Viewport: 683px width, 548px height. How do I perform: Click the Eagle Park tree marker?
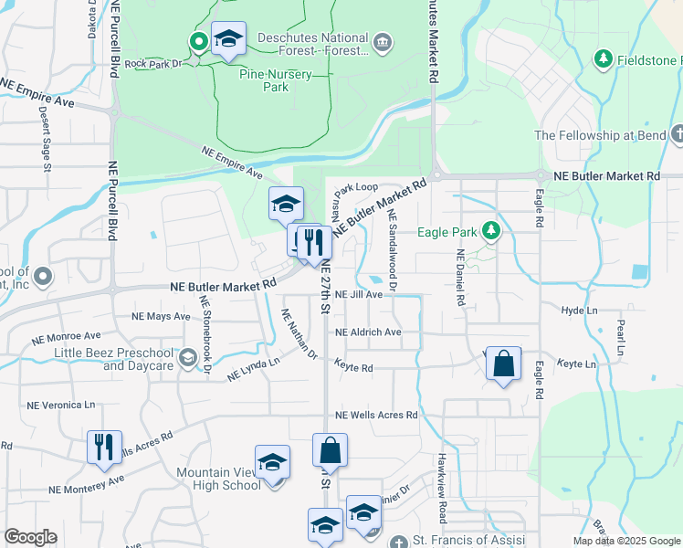pyautogui.click(x=491, y=230)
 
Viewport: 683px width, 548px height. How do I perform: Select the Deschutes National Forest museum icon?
pyautogui.click(x=383, y=41)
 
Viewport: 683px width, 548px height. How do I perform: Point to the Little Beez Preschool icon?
pyautogui.click(x=189, y=356)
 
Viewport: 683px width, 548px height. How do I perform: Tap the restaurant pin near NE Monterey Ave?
pyautogui.click(x=103, y=448)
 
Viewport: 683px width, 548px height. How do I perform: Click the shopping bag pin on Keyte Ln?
pyautogui.click(x=503, y=364)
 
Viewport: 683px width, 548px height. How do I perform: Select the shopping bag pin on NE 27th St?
pyautogui.click(x=330, y=450)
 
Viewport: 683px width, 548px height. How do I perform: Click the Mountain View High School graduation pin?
pyautogui.click(x=272, y=463)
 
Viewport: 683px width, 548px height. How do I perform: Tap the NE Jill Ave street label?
pyautogui.click(x=358, y=295)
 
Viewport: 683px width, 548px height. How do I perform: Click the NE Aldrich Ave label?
pyautogui.click(x=368, y=332)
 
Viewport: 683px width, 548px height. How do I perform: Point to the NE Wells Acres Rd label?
pyautogui.click(x=376, y=415)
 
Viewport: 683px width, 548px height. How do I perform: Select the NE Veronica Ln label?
pyautogui.click(x=61, y=405)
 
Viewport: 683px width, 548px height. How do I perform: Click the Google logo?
pyautogui.click(x=31, y=537)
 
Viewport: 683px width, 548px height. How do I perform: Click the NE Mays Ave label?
pyautogui.click(x=161, y=317)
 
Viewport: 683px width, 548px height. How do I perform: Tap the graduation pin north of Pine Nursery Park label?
pyautogui.click(x=228, y=39)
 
